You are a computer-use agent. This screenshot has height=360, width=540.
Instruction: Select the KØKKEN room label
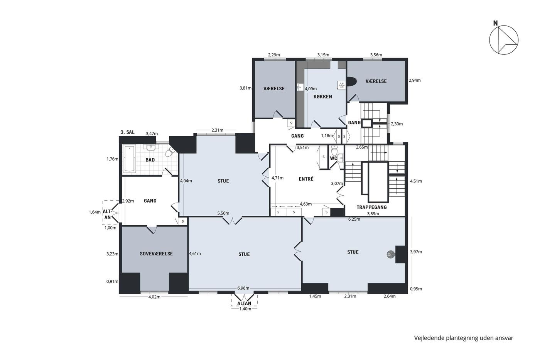322,97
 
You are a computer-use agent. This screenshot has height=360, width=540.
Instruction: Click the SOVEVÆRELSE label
156,254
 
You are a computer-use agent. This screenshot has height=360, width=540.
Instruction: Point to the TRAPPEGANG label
371,207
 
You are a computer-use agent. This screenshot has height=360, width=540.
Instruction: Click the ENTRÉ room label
306,179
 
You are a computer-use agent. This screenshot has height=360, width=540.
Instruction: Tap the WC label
333,159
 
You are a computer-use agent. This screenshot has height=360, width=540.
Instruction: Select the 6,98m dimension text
243,288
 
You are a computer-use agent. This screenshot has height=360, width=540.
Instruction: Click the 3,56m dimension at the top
376,55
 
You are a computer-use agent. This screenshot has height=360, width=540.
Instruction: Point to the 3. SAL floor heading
128,132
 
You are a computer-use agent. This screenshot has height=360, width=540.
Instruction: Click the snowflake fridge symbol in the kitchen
341,85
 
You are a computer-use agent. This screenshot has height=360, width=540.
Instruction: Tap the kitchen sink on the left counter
300,87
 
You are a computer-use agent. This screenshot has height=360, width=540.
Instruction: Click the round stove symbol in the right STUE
390,254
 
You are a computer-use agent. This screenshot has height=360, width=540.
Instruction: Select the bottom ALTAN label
244,303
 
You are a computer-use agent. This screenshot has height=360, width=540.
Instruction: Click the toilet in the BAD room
170,152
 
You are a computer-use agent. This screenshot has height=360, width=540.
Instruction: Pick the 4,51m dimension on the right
416,181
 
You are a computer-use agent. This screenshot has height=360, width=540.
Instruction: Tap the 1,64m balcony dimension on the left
95,212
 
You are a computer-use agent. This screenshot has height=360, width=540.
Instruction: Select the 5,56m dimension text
223,213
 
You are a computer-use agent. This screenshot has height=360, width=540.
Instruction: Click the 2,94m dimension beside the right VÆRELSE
415,80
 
